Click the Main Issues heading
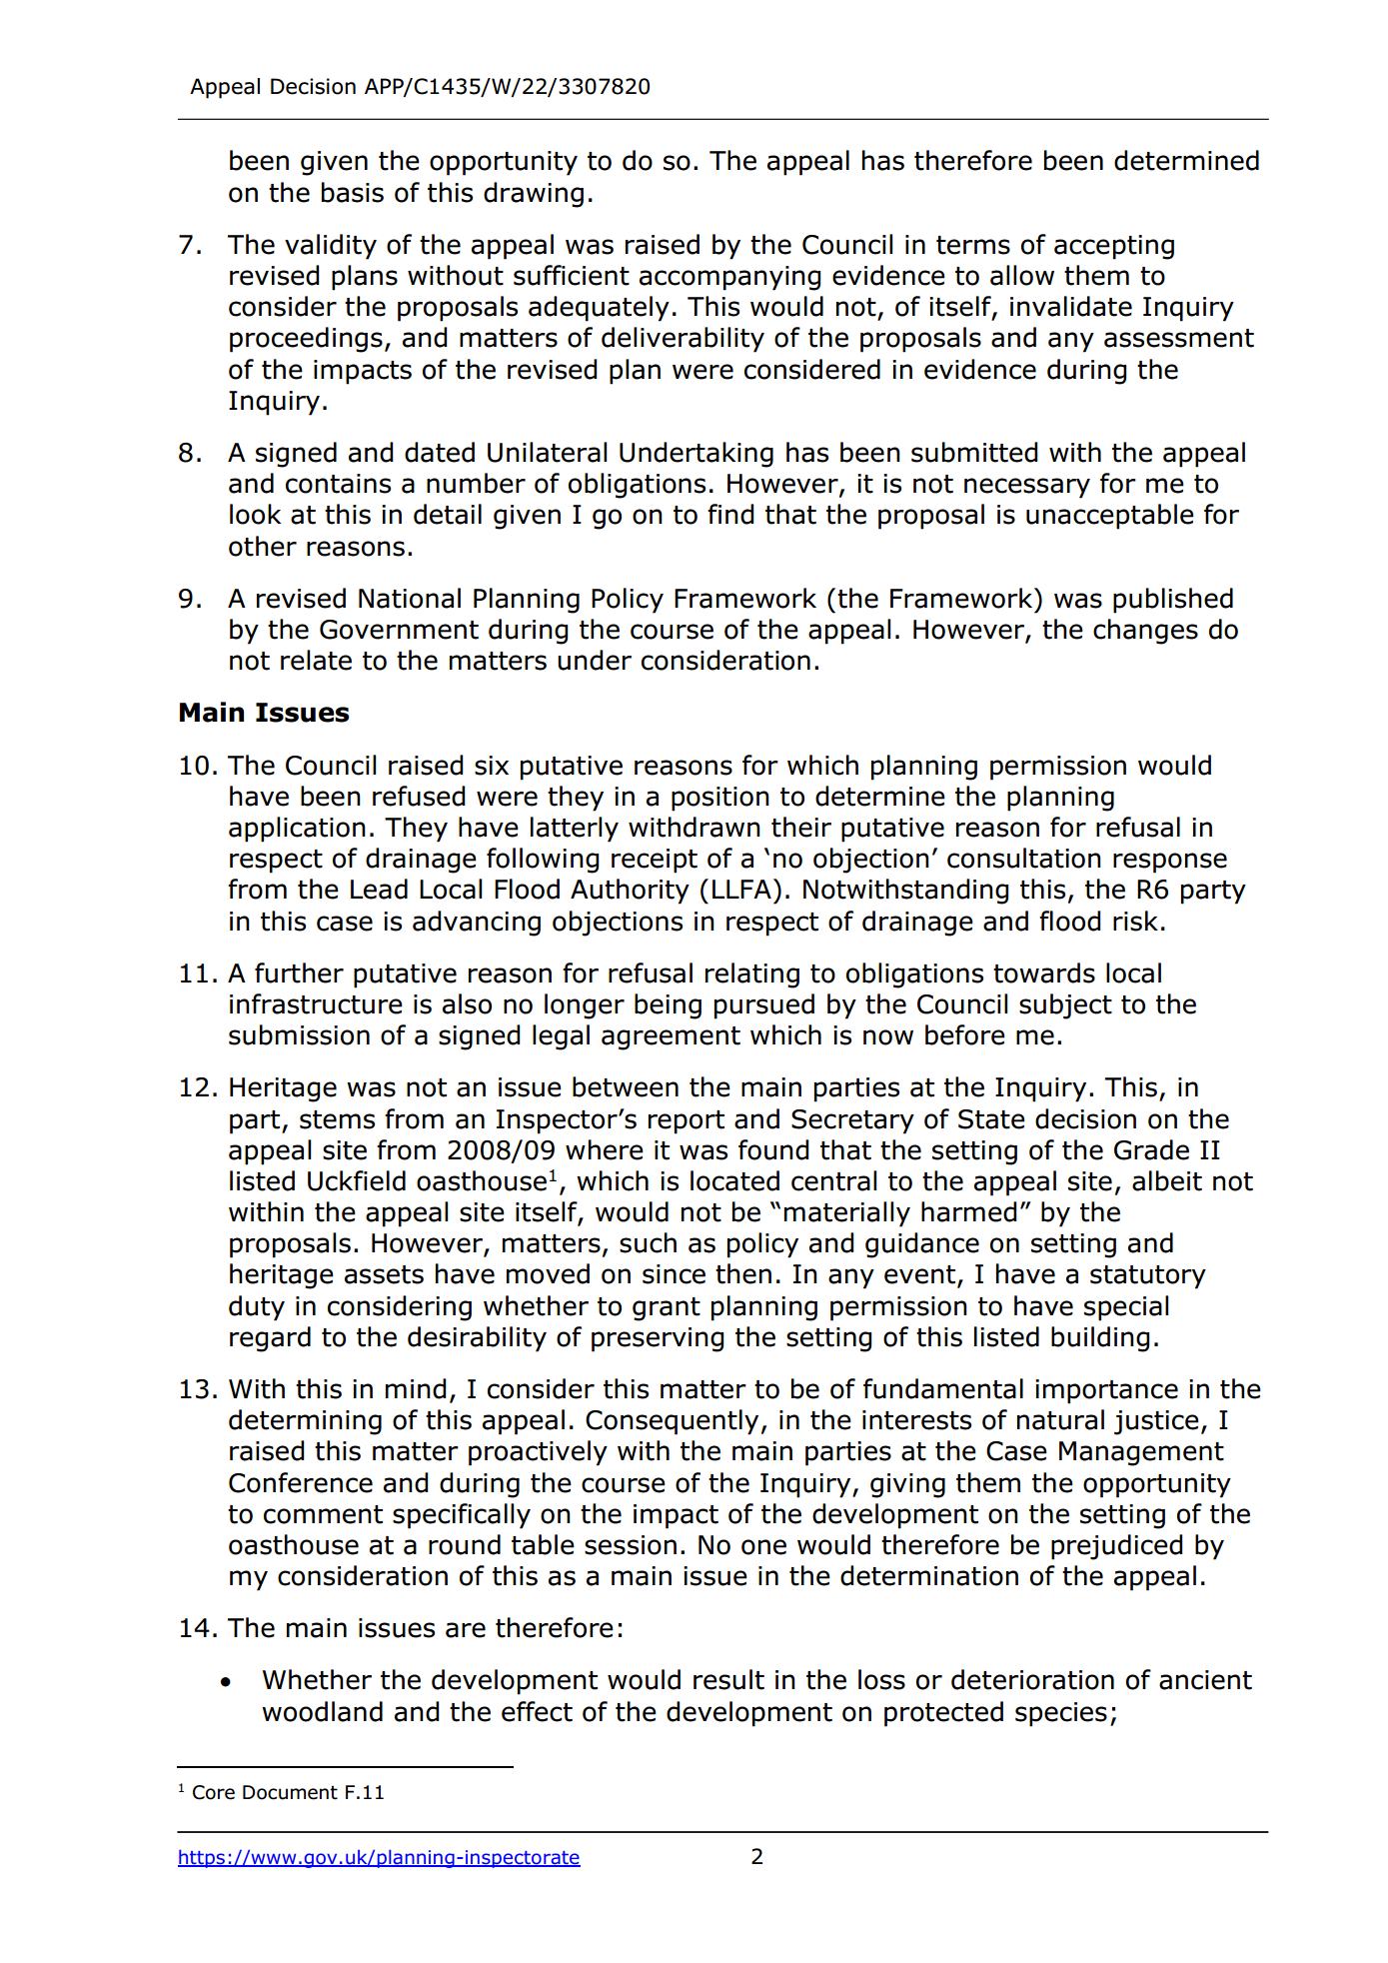(264, 713)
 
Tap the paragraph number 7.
(190, 245)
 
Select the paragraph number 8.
(190, 453)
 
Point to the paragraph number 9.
(190, 599)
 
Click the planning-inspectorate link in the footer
(379, 1857)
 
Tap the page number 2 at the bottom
(756, 1856)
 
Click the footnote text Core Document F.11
(288, 1792)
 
